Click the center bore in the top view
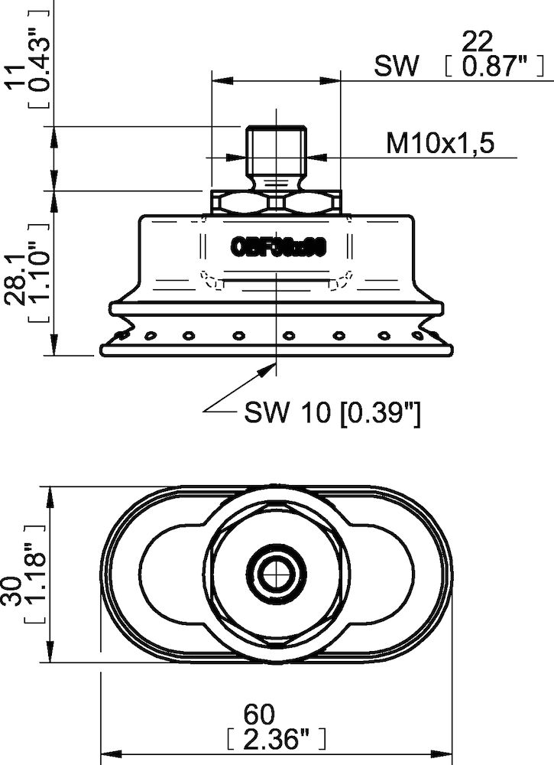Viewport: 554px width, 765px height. pos(275,572)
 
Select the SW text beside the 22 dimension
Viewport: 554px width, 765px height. pos(397,67)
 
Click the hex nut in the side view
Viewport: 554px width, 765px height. pos(275,202)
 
